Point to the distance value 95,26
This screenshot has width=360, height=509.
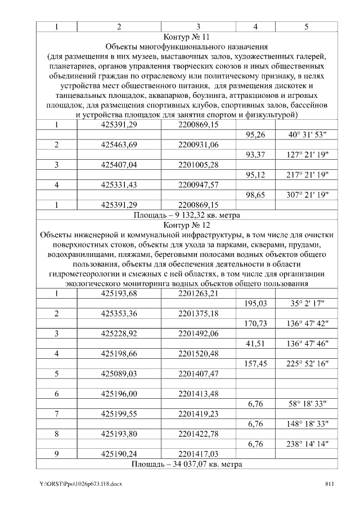pos(255,135)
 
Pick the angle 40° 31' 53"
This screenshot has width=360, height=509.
pos(307,135)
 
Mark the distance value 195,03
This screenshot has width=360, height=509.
pos(255,303)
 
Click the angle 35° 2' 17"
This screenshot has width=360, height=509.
pos(307,303)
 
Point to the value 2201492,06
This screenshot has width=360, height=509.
pos(198,334)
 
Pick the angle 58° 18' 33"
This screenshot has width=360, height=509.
pos(307,403)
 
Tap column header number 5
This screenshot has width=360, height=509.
pos(307,26)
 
